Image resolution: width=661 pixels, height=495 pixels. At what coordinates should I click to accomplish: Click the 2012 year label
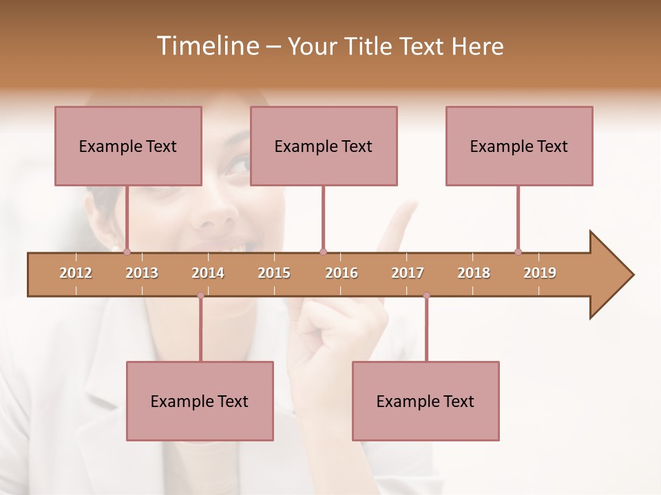pos(76,273)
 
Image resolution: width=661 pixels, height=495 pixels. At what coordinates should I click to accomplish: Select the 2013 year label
pos(142,273)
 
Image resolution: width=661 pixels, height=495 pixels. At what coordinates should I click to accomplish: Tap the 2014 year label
pos(208,273)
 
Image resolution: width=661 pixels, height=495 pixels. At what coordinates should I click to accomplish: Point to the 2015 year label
pos(274,273)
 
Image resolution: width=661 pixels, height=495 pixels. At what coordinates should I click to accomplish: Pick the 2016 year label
pos(342,273)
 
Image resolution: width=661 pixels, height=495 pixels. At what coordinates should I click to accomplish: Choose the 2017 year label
pos(408,273)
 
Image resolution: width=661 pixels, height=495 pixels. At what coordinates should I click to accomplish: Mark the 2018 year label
pos(474,273)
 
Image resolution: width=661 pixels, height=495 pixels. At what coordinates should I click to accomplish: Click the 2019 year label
pos(540,273)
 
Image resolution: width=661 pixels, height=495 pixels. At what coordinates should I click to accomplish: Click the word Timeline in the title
pos(207,46)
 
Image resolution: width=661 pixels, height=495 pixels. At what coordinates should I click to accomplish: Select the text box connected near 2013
pos(128,146)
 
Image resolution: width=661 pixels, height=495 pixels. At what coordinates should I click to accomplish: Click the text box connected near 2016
pos(324,146)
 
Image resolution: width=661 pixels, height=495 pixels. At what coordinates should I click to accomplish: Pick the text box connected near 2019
pos(519,146)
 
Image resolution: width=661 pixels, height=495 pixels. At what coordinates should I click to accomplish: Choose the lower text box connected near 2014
pos(200,401)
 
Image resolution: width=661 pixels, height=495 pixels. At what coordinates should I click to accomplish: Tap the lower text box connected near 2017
pos(426,401)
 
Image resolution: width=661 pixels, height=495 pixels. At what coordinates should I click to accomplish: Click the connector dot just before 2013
pos(127,252)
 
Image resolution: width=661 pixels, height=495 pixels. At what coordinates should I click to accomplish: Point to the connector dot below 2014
pos(200,296)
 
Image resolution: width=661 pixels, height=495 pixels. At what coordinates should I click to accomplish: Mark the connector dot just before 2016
pos(323,252)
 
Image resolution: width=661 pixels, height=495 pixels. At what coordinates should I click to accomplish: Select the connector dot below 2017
pos(426,296)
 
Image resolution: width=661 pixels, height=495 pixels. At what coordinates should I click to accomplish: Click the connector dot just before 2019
pos(518,252)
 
